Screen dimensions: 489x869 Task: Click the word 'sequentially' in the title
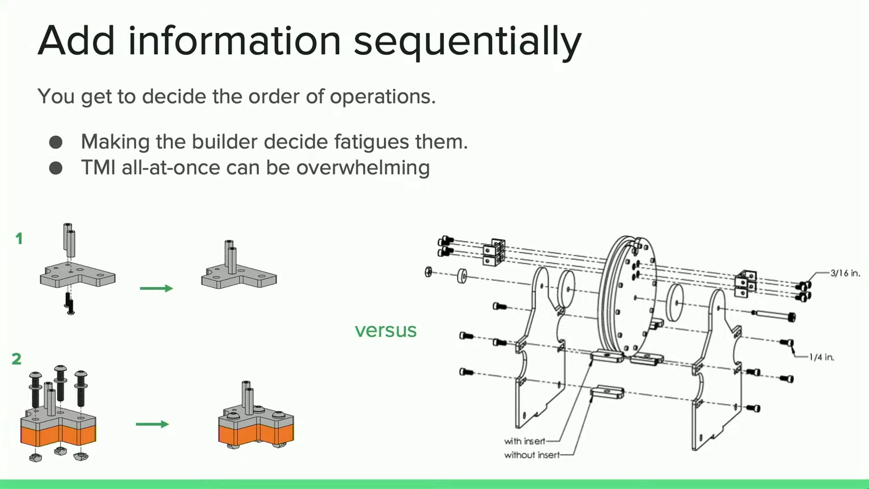pos(467,42)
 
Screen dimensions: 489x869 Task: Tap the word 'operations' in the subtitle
pos(382,96)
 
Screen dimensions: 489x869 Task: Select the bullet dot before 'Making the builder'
pos(56,142)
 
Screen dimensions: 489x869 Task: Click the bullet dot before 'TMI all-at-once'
pos(56,168)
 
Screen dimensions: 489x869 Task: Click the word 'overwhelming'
pos(363,168)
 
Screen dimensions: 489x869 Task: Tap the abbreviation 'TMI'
pos(98,168)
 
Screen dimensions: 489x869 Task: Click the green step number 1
pos(19,239)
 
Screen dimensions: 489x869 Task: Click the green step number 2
pos(17,359)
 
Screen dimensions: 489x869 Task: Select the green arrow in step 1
pos(156,288)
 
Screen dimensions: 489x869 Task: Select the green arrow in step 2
pos(152,424)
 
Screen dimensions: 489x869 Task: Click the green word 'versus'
pos(385,331)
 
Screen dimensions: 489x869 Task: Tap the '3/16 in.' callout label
pos(845,273)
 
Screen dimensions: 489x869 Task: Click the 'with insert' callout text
pos(525,441)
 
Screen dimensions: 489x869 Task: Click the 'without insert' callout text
pos(532,455)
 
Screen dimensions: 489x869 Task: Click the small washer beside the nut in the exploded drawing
pos(462,276)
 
